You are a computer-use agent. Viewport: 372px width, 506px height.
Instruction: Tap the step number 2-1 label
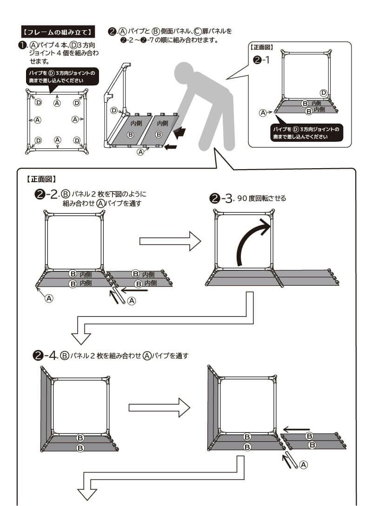[261, 60]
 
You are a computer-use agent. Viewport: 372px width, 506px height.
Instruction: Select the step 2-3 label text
[248, 198]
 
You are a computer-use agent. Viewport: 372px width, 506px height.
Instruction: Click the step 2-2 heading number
[46, 194]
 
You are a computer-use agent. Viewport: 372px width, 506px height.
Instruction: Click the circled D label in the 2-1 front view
[324, 92]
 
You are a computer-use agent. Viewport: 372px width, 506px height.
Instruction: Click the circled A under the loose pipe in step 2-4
[303, 464]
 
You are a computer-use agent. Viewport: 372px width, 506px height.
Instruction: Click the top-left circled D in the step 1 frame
[39, 102]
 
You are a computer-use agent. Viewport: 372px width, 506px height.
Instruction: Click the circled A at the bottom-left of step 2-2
[48, 299]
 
